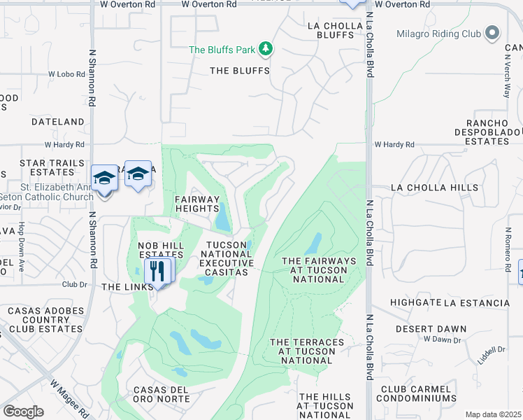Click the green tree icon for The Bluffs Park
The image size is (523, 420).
click(x=265, y=49)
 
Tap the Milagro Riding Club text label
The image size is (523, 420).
click(x=439, y=34)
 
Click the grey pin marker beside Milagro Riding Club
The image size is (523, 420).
click(x=492, y=32)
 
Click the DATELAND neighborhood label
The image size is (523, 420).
click(x=58, y=122)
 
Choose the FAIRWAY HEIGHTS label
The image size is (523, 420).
click(x=197, y=204)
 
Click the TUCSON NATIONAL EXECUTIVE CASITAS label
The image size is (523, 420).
click(x=225, y=258)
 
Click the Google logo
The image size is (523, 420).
click(x=23, y=412)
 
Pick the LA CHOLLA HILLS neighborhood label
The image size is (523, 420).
click(x=435, y=188)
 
